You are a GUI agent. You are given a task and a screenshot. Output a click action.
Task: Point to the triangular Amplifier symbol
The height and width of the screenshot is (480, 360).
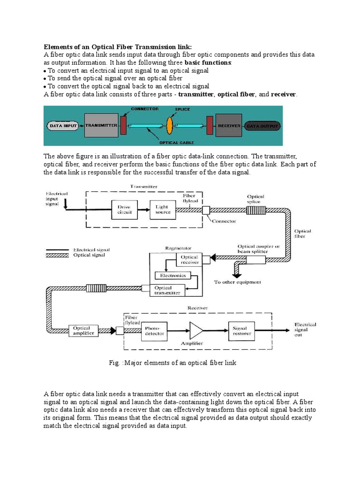pyautogui.click(x=195, y=330)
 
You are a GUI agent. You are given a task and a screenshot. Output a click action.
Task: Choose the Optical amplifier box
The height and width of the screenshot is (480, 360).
pyautogui.click(x=82, y=330)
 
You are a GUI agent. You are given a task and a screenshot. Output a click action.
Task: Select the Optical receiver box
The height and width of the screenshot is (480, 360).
pyautogui.click(x=189, y=259)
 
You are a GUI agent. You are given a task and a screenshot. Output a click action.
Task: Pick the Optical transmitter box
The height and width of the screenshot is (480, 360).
pyautogui.click(x=167, y=290)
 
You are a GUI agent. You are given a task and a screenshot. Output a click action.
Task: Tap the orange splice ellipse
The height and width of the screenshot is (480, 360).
pyautogui.click(x=170, y=126)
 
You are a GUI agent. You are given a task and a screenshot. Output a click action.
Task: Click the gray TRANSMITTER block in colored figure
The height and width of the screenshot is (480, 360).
pyautogui.click(x=101, y=126)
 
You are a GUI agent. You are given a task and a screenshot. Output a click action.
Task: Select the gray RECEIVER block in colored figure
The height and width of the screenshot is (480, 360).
pyautogui.click(x=228, y=126)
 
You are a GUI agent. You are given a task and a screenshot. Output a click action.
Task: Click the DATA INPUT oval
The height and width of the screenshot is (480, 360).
pyautogui.click(x=62, y=126)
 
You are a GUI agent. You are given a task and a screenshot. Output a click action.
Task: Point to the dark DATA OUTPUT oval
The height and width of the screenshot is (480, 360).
pyautogui.click(x=263, y=126)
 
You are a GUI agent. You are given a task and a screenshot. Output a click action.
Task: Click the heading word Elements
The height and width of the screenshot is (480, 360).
pyautogui.click(x=58, y=47)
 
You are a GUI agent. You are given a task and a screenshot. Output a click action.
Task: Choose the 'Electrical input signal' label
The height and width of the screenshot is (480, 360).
pyautogui.click(x=57, y=199)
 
